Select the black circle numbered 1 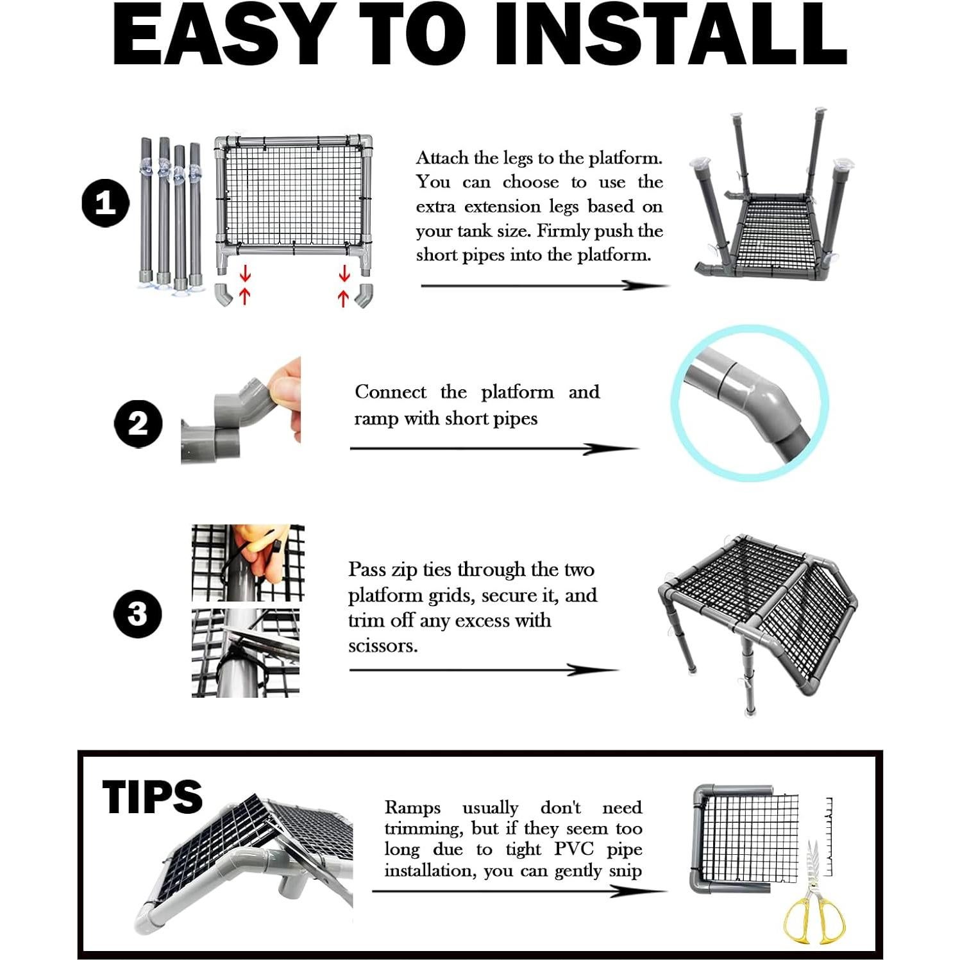106,204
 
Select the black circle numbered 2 138,423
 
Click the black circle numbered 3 137,614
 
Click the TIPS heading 152,796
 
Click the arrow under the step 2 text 494,449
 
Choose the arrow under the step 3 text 484,670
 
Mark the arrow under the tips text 519,891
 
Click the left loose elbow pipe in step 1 223,294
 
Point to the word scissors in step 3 383,645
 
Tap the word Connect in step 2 390,392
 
